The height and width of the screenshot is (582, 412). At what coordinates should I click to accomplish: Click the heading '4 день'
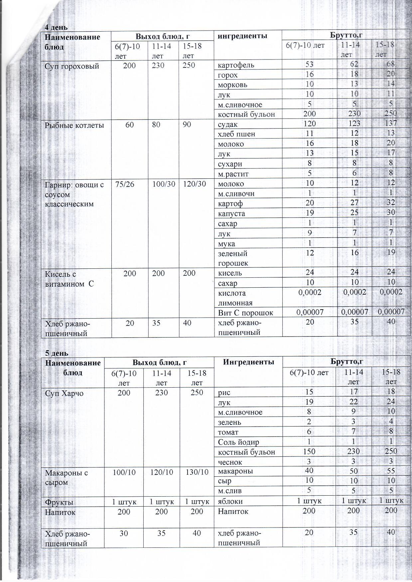[56, 28]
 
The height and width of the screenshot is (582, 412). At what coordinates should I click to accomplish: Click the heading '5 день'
[56, 353]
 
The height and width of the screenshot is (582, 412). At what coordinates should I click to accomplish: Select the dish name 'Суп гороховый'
[72, 66]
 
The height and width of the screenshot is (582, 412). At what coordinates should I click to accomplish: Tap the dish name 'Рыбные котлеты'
[74, 125]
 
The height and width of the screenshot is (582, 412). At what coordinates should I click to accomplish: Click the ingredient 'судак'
[228, 125]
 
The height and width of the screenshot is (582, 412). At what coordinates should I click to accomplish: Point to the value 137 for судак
[391, 123]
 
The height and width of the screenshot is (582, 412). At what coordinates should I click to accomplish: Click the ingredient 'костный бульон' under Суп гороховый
[246, 115]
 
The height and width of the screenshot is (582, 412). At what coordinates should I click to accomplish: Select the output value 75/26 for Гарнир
[125, 184]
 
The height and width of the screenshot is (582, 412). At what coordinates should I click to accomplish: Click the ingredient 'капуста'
[232, 213]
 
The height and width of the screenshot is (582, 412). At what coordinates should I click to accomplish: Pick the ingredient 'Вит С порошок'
[245, 313]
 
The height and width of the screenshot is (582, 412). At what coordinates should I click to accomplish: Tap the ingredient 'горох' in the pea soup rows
[228, 75]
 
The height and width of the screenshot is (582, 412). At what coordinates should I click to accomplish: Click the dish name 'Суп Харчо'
[64, 393]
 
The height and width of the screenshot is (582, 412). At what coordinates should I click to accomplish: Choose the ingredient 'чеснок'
[230, 462]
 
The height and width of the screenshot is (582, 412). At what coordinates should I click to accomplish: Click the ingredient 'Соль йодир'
[238, 442]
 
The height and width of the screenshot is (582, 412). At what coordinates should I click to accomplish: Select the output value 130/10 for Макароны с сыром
[197, 472]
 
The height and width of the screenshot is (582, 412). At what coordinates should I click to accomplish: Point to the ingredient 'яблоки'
[230, 501]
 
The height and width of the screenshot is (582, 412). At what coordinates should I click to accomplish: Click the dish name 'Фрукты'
[59, 502]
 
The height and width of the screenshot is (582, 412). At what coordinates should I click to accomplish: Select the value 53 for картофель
[309, 64]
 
